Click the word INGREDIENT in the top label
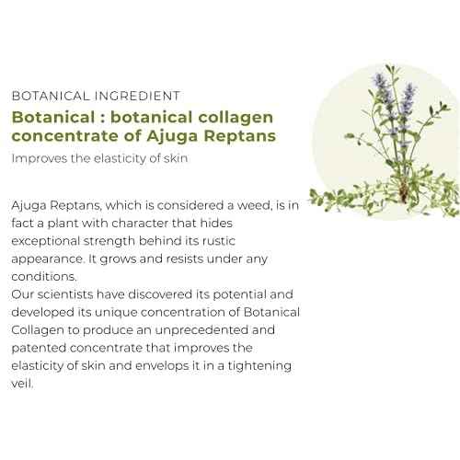click(137, 96)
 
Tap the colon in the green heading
click(103, 119)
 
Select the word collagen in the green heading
click(236, 119)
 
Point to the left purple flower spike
click(382, 90)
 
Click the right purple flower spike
click(408, 98)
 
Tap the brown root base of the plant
click(404, 191)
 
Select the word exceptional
click(46, 241)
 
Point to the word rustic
click(219, 241)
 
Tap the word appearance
click(48, 259)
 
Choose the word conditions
click(44, 277)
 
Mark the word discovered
click(160, 294)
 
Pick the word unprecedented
click(201, 330)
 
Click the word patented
click(40, 349)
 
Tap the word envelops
click(162, 366)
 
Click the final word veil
click(22, 384)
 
